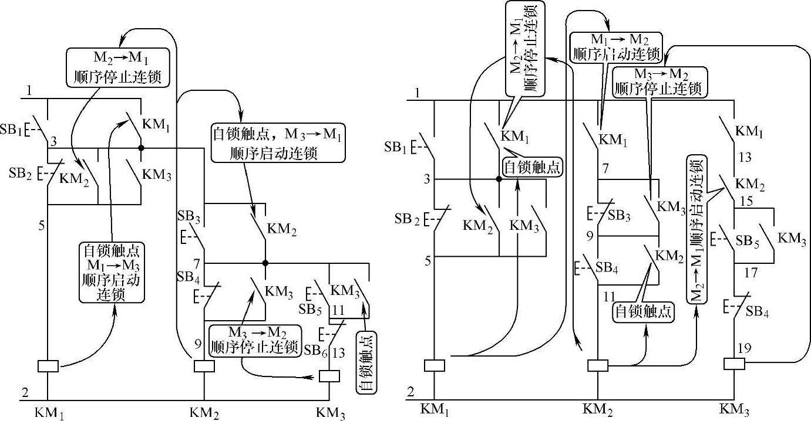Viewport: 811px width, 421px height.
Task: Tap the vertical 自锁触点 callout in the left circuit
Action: [366, 362]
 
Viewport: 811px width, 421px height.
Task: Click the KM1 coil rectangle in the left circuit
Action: [48, 366]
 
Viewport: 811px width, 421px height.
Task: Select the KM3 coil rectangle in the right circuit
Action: [735, 364]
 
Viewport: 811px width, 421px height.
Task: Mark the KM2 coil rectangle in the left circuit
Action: [204, 366]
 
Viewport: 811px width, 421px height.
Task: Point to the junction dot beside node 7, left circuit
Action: [265, 263]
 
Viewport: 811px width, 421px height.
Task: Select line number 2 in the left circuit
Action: [25, 392]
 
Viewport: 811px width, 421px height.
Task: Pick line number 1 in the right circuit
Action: [417, 92]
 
